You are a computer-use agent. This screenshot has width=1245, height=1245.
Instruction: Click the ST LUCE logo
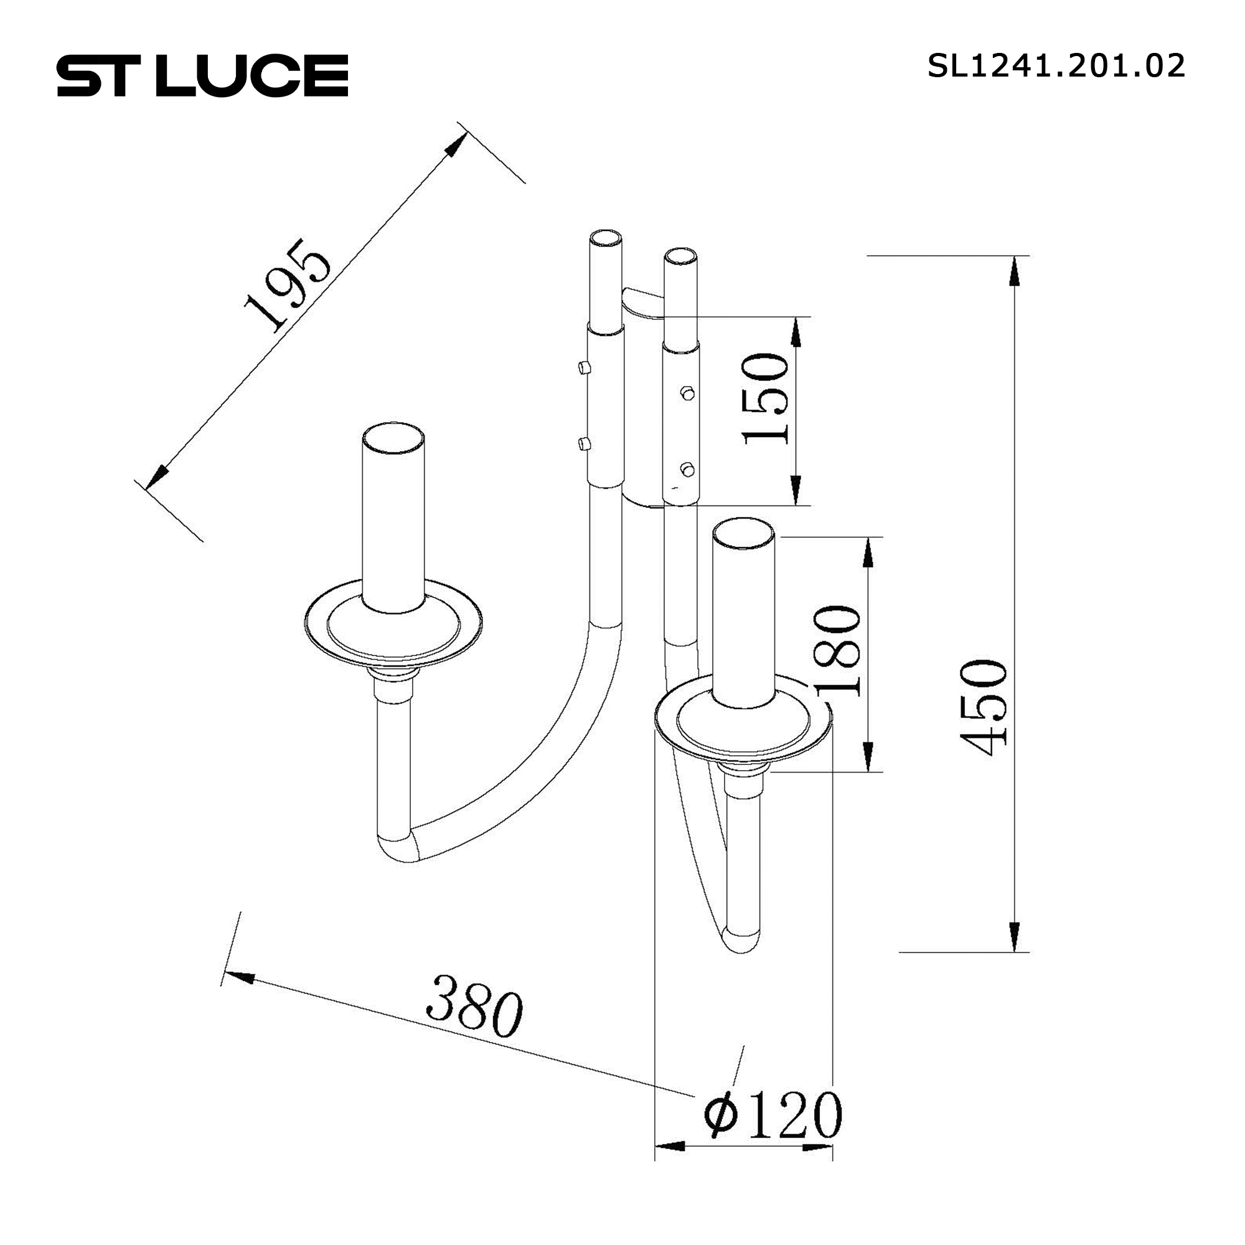click(x=202, y=75)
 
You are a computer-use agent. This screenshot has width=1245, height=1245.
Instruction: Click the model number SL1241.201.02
click(x=1056, y=67)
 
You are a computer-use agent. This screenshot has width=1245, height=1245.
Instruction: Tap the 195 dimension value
click(x=288, y=285)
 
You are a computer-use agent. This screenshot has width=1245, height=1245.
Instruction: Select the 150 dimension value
click(x=766, y=399)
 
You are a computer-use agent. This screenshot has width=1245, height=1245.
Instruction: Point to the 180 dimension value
click(x=839, y=651)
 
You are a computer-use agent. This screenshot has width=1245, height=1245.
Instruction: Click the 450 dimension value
click(x=984, y=708)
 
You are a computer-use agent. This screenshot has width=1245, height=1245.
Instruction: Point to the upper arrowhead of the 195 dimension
click(x=454, y=146)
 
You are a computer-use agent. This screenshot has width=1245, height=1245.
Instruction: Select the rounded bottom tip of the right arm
click(x=740, y=942)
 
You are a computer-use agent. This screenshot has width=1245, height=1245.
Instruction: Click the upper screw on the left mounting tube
click(x=583, y=368)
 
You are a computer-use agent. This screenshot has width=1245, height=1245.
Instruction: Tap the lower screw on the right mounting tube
click(x=687, y=469)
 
